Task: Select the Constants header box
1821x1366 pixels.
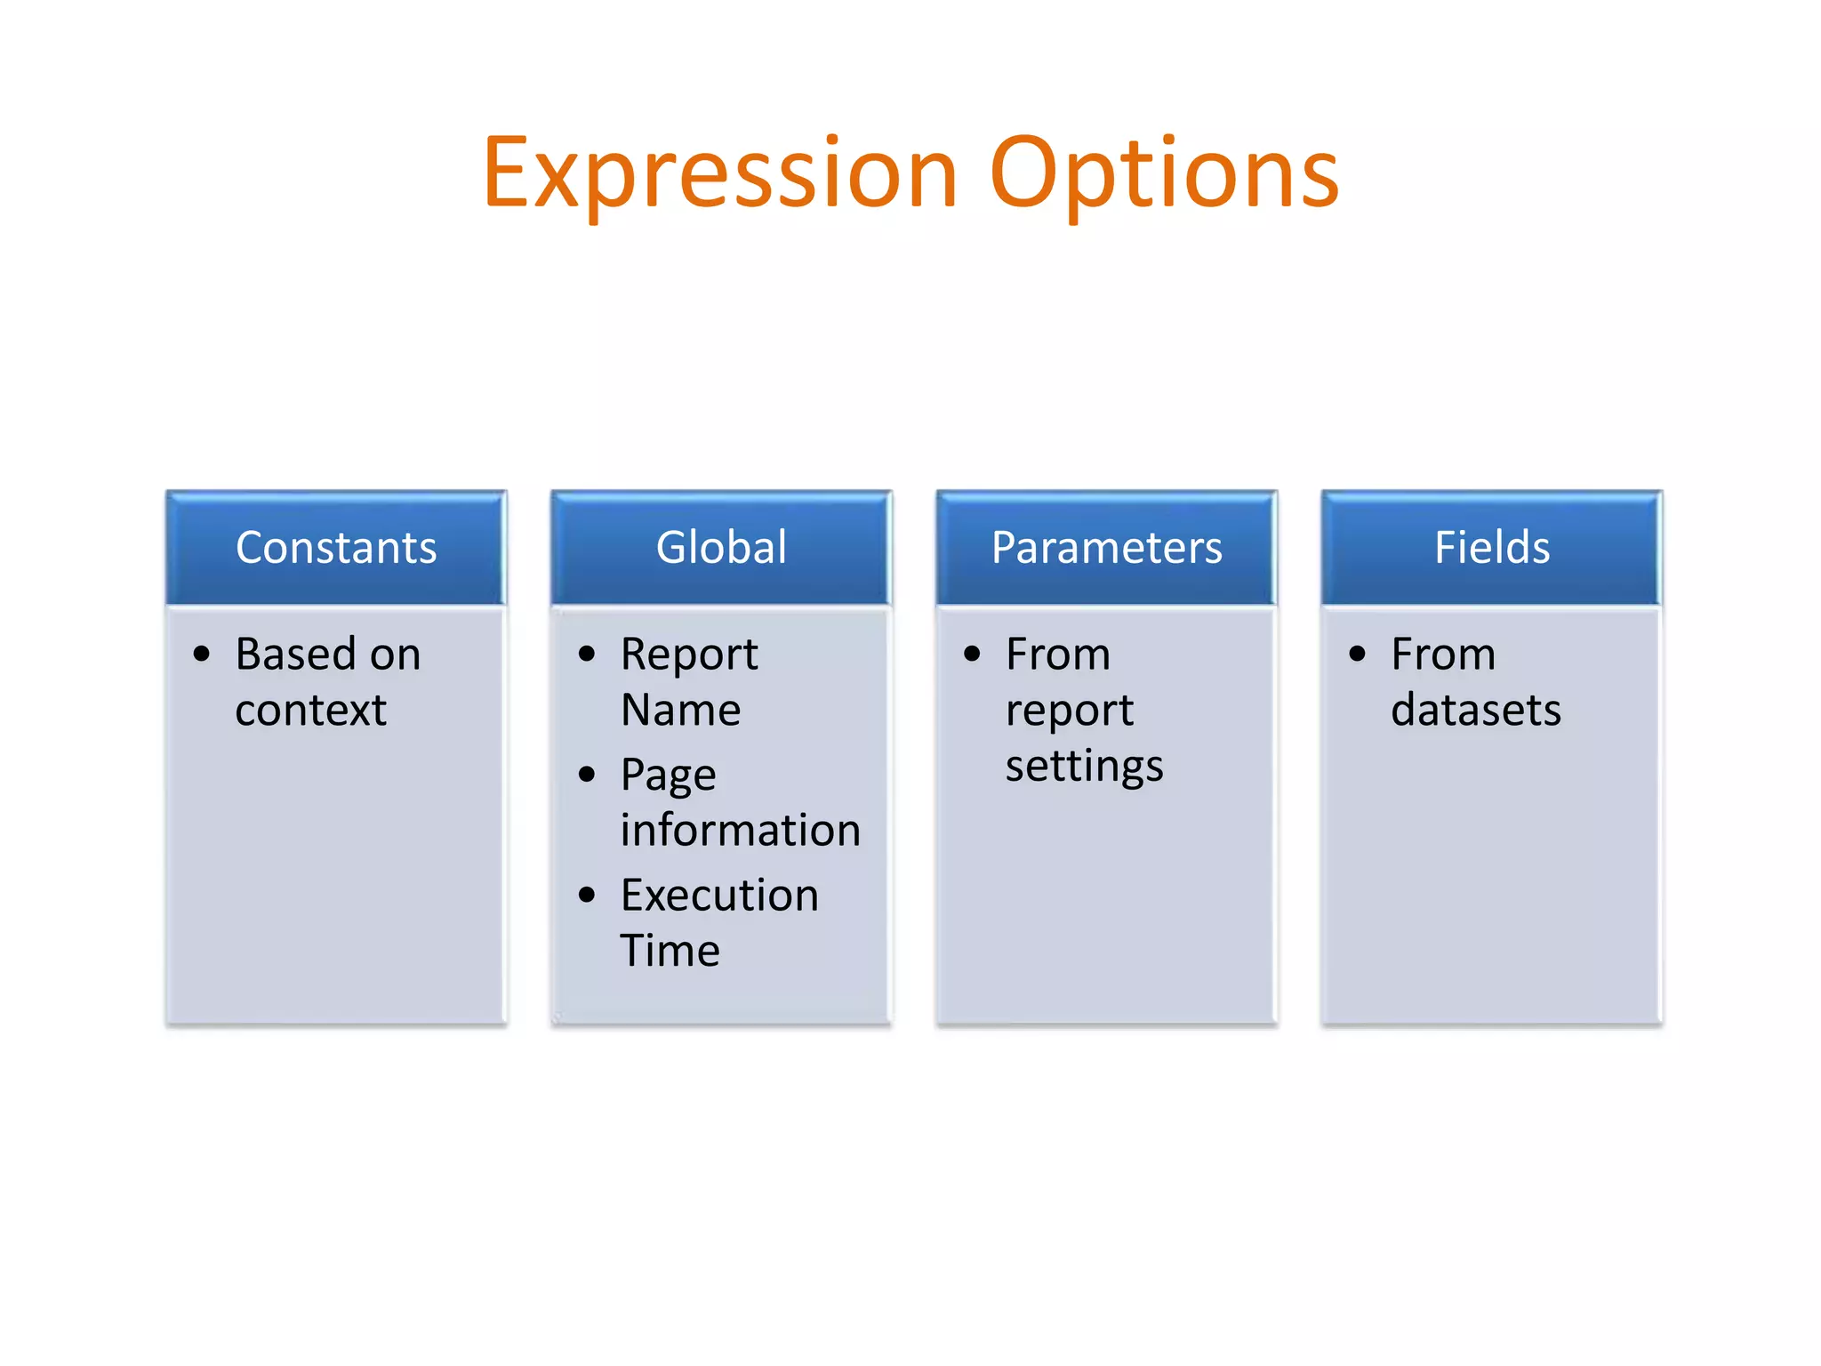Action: (336, 547)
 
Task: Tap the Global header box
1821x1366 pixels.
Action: (721, 547)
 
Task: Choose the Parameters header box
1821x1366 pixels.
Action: (1106, 547)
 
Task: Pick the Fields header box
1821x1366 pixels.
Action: (1492, 547)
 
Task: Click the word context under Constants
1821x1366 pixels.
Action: (310, 710)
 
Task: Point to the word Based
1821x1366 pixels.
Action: (295, 655)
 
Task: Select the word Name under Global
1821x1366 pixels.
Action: (680, 710)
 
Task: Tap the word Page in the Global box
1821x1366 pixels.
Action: (668, 775)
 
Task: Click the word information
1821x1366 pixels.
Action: (740, 830)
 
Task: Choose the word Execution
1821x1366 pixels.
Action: (719, 895)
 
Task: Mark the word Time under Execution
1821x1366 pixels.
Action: (670, 950)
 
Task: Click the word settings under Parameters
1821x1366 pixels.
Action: (1084, 767)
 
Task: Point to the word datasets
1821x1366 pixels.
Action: (1475, 710)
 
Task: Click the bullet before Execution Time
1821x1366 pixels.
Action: (587, 895)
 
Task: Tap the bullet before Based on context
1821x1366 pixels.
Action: (202, 655)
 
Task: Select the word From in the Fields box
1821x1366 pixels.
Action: (1442, 655)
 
